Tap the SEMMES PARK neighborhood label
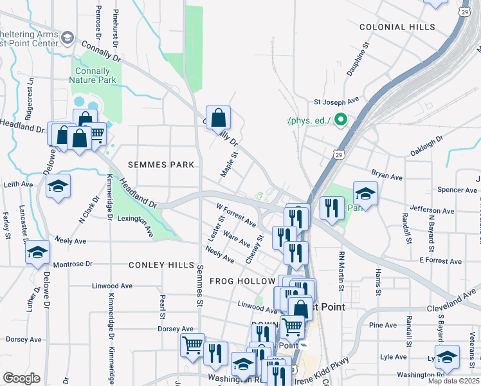point(161,165)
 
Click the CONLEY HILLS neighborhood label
point(161,265)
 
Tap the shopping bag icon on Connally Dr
point(219,118)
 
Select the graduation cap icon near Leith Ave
point(59,187)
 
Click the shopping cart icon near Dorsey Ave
point(192,345)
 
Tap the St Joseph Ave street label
point(336,102)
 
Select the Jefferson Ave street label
point(431,210)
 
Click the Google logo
point(21,378)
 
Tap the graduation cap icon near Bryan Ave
point(365,193)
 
